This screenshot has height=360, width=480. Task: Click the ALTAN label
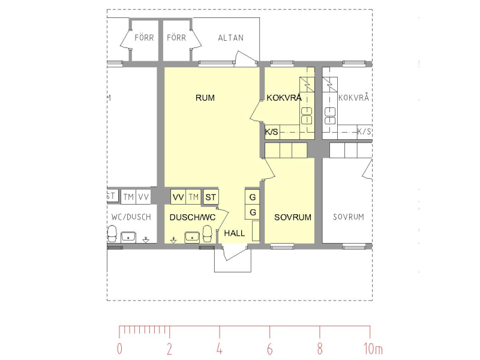pyautogui.click(x=231, y=38)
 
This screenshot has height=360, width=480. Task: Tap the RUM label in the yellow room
pyautogui.click(x=205, y=98)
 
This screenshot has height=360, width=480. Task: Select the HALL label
pyautogui.click(x=235, y=233)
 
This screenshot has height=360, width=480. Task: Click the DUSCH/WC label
pyautogui.click(x=192, y=217)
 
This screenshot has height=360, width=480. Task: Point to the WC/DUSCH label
pyautogui.click(x=131, y=217)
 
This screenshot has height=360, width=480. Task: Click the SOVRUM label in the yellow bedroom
pyautogui.click(x=293, y=217)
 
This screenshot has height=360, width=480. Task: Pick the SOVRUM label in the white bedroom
pyautogui.click(x=349, y=217)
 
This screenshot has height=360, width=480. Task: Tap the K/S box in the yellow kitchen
pyautogui.click(x=272, y=131)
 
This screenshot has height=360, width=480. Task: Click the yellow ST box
pyautogui.click(x=211, y=197)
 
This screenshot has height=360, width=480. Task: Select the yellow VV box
pyautogui.click(x=178, y=197)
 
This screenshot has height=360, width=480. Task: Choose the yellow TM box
pyautogui.click(x=193, y=197)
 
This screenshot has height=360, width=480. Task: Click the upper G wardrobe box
pyautogui.click(x=253, y=197)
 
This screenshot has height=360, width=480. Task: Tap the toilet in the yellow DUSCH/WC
pyautogui.click(x=208, y=233)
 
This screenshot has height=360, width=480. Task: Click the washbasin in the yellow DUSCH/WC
pyautogui.click(x=192, y=236)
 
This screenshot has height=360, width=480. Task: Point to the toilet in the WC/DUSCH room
pyautogui.click(x=112, y=233)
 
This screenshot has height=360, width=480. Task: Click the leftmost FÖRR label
pyautogui.click(x=144, y=38)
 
